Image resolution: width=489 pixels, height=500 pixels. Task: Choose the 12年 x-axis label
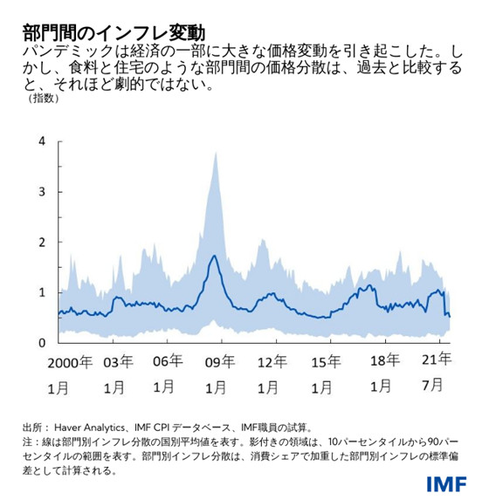coord(274,361)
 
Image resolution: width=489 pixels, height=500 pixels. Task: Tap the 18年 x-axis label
coord(382,360)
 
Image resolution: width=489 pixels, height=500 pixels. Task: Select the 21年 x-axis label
coord(436,361)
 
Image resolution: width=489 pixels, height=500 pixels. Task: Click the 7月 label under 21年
coord(436,384)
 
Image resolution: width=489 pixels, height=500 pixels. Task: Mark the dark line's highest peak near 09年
coord(214,256)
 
